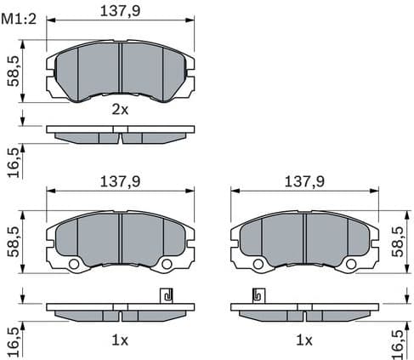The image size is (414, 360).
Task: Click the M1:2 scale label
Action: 20,20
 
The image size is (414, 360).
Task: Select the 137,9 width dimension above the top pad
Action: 120,12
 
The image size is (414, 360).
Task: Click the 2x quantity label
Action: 120,109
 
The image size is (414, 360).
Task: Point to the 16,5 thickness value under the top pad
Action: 12,159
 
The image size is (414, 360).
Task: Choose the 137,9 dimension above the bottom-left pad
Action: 120,180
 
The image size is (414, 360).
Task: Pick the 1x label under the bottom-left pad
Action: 120,340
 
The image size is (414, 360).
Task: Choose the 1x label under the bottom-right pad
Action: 304,340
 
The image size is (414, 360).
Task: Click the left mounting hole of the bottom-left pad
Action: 73,264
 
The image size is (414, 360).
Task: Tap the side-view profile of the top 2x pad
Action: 120,135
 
